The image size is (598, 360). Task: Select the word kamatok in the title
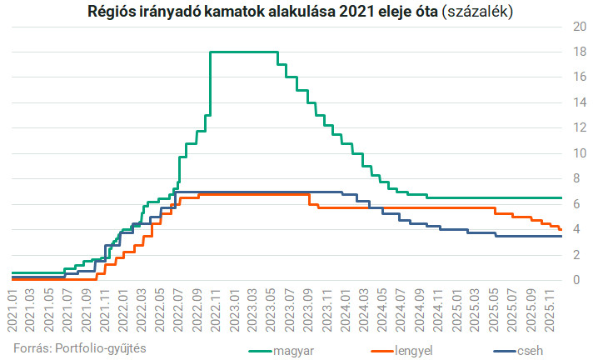[x=225, y=12]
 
